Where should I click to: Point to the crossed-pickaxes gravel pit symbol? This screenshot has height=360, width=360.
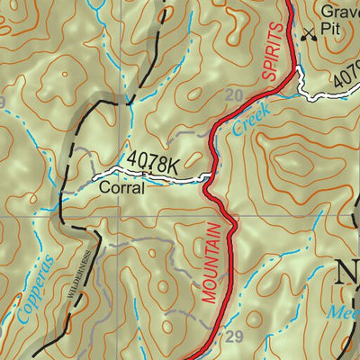[310, 33]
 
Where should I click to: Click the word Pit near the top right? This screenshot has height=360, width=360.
[336, 33]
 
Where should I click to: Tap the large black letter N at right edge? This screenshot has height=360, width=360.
[348, 272]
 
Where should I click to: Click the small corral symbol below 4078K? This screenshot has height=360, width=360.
[144, 175]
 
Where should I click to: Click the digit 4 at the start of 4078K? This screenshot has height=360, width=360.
[131, 159]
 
